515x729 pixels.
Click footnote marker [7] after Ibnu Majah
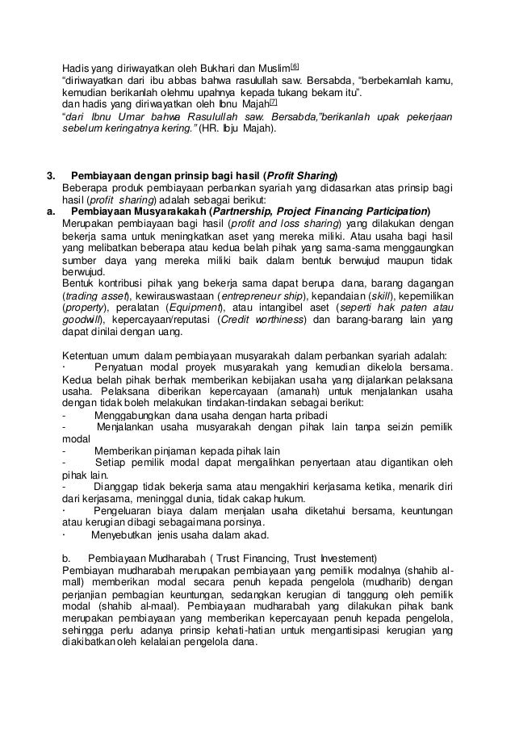(274, 102)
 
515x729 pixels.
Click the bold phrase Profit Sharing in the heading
(304, 176)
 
